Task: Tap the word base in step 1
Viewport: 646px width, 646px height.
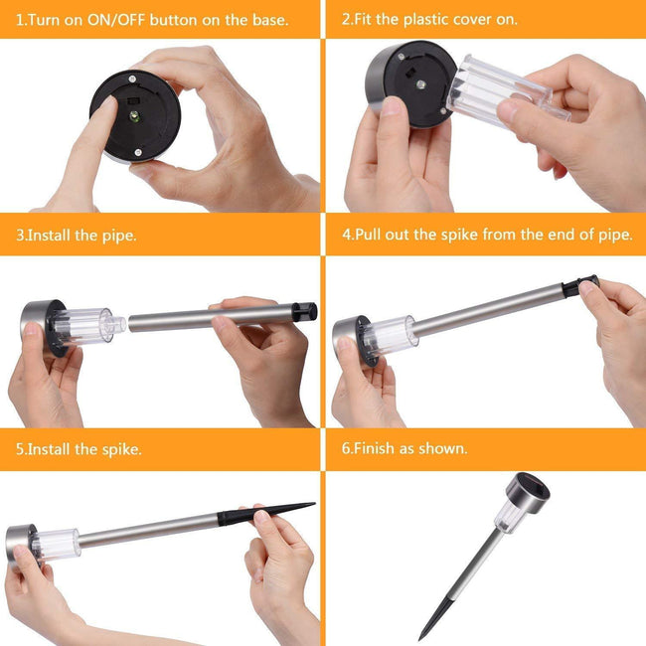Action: pos(270,20)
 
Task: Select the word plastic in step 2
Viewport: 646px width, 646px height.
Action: pos(426,20)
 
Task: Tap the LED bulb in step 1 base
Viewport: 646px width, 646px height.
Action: pos(134,116)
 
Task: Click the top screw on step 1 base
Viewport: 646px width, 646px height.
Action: pos(132,79)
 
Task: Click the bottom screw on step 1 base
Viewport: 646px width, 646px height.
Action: pos(138,153)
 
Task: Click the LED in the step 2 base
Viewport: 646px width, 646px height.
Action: pos(419,84)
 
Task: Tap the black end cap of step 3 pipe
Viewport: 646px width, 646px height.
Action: pos(304,312)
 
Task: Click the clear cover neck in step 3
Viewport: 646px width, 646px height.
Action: pos(118,325)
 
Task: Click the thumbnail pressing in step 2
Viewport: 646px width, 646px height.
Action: pos(393,106)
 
